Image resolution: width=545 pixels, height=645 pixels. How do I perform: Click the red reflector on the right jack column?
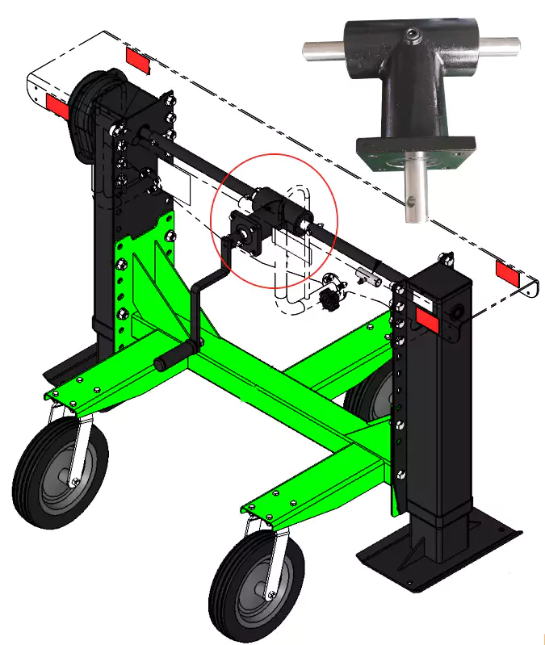[x=427, y=320]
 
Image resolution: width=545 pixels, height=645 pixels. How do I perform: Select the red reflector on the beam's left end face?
[x=56, y=104]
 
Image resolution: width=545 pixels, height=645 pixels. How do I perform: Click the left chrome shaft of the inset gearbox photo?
[x=321, y=47]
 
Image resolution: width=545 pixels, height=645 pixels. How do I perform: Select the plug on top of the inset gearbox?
[x=412, y=34]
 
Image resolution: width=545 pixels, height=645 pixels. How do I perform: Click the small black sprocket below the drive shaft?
[x=329, y=303]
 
